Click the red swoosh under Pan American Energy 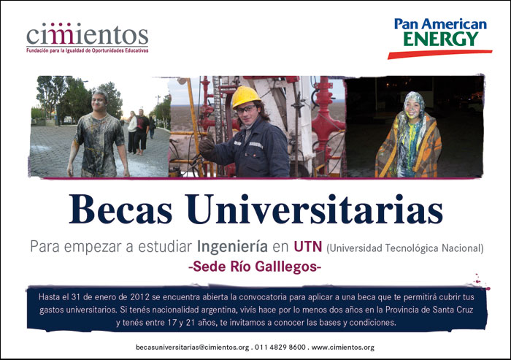(439, 54)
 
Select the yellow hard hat (245, 96)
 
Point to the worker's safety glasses (246, 110)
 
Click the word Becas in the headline (120, 209)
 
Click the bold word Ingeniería (232, 247)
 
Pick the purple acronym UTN (308, 247)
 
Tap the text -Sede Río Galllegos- (255, 267)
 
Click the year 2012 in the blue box (139, 297)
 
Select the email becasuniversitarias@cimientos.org (192, 348)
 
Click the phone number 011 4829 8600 (280, 348)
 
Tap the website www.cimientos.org (343, 348)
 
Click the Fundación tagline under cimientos (88, 51)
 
